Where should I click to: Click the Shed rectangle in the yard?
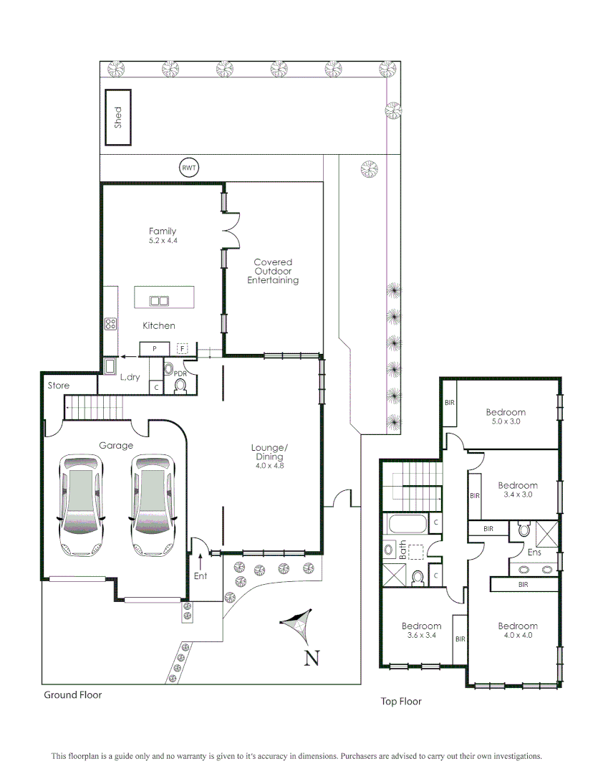pos(118,118)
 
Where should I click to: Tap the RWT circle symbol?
pos(188,168)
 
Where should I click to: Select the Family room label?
pos(163,231)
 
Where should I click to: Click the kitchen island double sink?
pos(159,301)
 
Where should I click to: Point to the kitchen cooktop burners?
pos(110,324)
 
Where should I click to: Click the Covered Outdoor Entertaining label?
pos(272,272)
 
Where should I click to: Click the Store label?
pos(59,386)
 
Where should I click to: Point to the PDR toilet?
pos(180,386)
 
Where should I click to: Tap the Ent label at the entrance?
pos(201,575)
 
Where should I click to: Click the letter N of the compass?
pos(312,658)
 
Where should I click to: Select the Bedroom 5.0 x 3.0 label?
pos(506,412)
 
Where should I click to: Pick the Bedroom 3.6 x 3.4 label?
pos(421,626)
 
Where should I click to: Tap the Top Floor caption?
pos(401,702)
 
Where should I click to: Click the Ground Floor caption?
pos(73,694)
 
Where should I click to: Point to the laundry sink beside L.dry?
pos(110,367)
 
